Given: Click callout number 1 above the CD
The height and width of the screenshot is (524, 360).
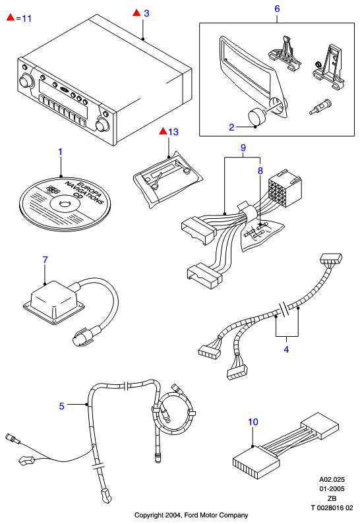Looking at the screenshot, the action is tap(61, 152).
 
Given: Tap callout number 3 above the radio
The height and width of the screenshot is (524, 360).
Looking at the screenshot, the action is tap(146, 13).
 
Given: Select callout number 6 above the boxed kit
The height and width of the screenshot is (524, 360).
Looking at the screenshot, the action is tap(277, 9).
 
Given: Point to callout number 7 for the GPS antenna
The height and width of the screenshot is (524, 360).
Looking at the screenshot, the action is tap(45, 260).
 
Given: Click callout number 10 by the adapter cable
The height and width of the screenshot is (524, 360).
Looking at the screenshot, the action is tap(253, 422).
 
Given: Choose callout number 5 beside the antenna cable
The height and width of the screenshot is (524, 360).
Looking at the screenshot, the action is tap(61, 406).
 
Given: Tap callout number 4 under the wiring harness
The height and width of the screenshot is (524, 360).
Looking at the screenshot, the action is tap(286, 349).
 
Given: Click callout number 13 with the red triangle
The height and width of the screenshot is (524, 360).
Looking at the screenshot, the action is tap(173, 132).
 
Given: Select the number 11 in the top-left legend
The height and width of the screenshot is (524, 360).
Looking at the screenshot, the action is tap(27, 18).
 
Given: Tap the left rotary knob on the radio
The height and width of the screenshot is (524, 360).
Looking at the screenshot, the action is tap(26, 81).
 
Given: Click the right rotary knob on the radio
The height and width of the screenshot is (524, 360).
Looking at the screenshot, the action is tap(102, 125).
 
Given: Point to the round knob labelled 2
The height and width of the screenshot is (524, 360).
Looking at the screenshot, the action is tap(256, 117).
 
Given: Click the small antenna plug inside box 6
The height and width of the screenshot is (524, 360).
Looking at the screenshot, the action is tap(320, 107).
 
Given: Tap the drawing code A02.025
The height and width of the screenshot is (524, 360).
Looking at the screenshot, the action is tap(332, 480).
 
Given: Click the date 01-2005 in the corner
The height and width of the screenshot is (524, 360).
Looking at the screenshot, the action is tap(332, 489).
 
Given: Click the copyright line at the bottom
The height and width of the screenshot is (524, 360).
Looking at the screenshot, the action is tap(191, 515).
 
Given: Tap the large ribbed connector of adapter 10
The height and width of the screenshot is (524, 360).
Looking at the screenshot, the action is tap(256, 463).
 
